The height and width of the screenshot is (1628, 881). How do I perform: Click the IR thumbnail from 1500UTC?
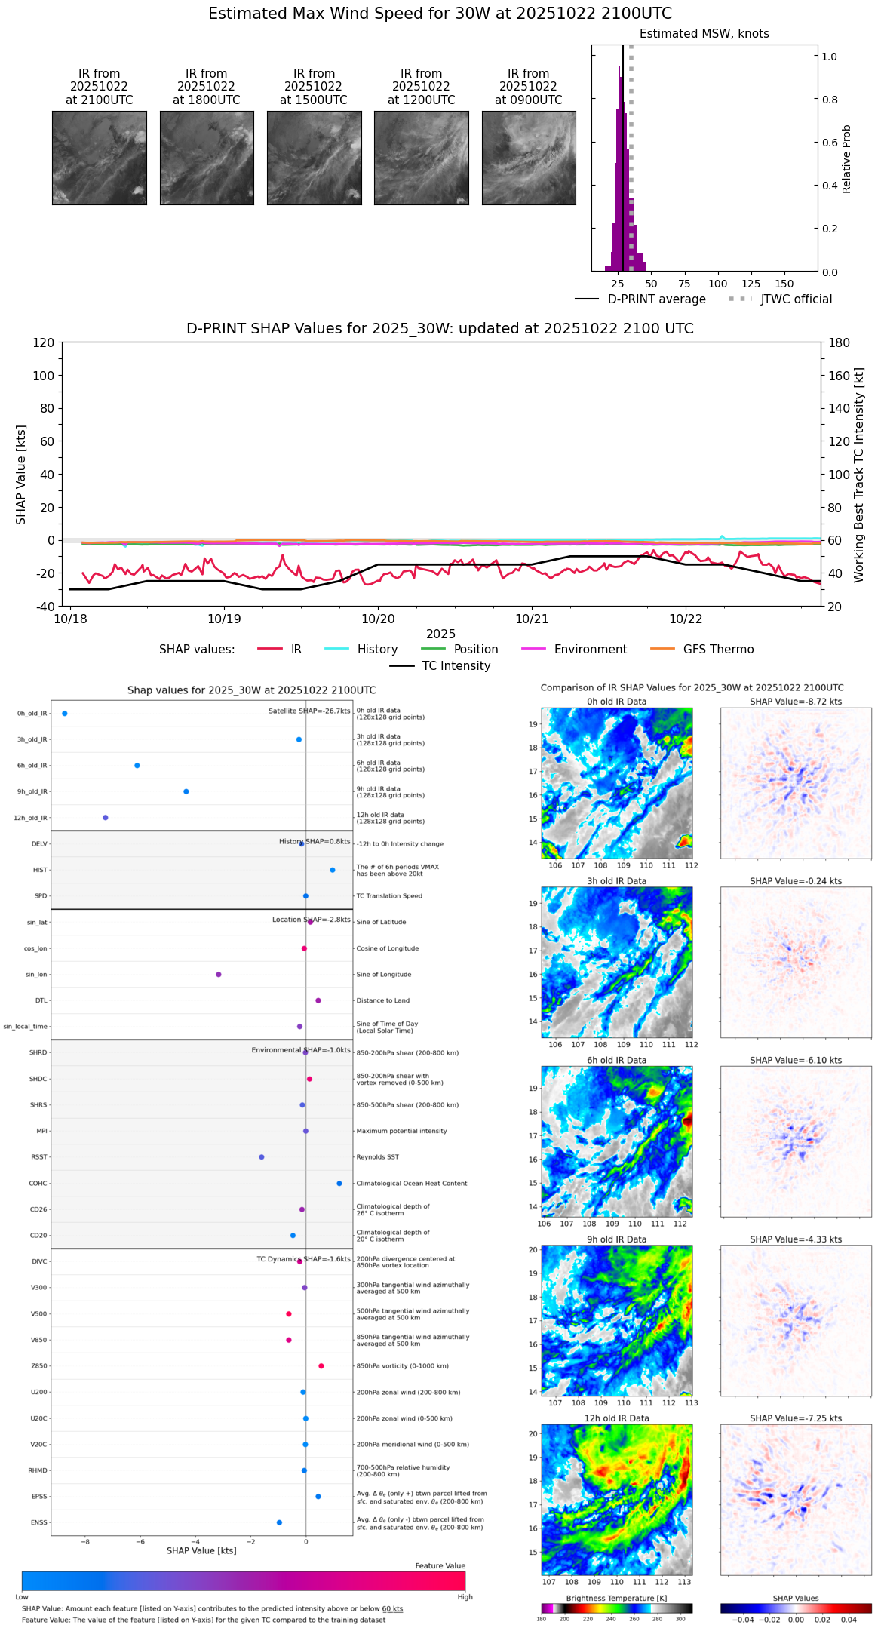pyautogui.click(x=314, y=158)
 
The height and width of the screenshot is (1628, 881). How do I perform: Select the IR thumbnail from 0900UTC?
pyautogui.click(x=529, y=158)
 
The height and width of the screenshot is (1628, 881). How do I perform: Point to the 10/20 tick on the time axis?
pyautogui.click(x=378, y=619)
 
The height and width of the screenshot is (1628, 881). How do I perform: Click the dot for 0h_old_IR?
pyautogui.click(x=65, y=713)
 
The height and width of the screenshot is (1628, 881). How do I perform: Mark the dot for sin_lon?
pyautogui.click(x=219, y=974)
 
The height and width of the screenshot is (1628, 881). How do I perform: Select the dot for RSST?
pyautogui.click(x=262, y=1156)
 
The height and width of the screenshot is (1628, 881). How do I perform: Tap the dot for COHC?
pyautogui.click(x=339, y=1183)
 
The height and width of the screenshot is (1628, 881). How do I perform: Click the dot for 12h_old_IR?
pyautogui.click(x=106, y=817)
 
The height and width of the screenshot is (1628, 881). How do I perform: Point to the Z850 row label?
pyautogui.click(x=39, y=1366)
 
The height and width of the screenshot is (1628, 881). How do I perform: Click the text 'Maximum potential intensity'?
pyautogui.click(x=401, y=1131)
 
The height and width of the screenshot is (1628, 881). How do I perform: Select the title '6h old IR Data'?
pyautogui.click(x=616, y=1060)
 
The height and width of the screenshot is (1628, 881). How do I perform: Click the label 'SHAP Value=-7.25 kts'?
pyautogui.click(x=796, y=1418)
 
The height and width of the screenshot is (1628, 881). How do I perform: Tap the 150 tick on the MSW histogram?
pyautogui.click(x=784, y=284)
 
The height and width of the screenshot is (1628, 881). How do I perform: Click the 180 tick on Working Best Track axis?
pyautogui.click(x=840, y=343)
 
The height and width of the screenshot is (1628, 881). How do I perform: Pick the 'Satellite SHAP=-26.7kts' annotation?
pyautogui.click(x=309, y=711)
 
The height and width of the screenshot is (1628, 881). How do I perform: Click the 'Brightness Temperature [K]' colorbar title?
pyautogui.click(x=616, y=1598)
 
